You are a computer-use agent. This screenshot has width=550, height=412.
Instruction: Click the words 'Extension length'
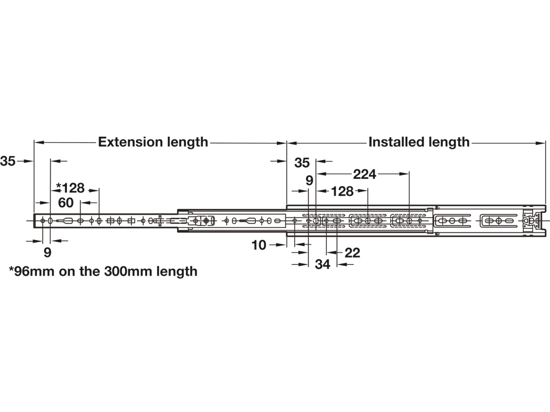pos(153,142)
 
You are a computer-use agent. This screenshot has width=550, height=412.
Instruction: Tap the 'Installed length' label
pos(419,142)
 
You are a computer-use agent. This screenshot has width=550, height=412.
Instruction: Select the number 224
pos(365,174)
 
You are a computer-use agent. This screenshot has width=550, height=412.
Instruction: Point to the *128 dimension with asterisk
pos(70,188)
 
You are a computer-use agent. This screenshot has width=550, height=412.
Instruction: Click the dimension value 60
pos(66,203)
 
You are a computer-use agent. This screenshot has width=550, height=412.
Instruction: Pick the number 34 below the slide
pos(323,264)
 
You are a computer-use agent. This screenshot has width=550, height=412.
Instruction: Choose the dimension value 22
pos(352,253)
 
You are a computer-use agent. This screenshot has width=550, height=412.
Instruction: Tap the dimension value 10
pos(259,245)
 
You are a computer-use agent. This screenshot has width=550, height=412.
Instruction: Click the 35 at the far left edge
pos(8,161)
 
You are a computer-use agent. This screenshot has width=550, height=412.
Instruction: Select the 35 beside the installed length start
pos(302,163)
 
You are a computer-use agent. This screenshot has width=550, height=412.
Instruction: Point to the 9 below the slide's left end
pos(47,252)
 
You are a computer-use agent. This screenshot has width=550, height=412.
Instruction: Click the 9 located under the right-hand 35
pos(309,180)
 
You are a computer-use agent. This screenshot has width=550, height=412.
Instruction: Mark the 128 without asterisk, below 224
pos(342,191)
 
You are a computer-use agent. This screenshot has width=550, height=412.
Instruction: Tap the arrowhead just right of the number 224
pos(404,174)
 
